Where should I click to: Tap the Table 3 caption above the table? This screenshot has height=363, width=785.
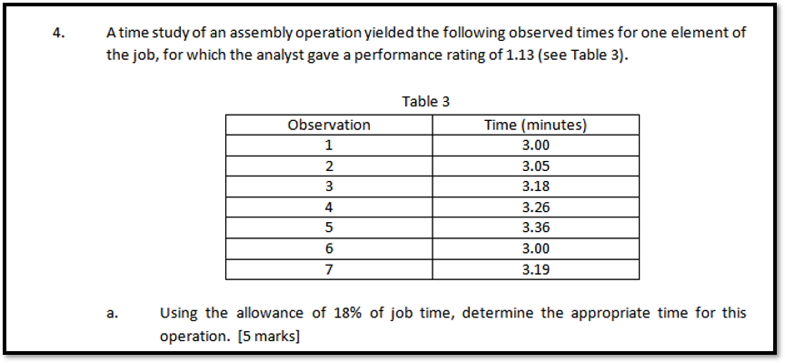click(x=425, y=101)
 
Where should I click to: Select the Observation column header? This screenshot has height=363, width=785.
click(x=328, y=125)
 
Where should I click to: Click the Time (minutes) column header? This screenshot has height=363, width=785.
click(x=535, y=125)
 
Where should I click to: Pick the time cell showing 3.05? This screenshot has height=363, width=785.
click(x=536, y=166)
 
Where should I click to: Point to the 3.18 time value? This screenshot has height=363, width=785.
click(x=536, y=187)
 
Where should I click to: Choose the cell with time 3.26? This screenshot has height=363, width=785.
click(x=536, y=207)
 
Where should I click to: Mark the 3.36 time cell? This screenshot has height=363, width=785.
click(x=536, y=227)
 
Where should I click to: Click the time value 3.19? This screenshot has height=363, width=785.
click(x=536, y=269)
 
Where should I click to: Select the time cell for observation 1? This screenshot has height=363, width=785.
click(x=536, y=146)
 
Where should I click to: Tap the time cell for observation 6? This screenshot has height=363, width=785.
click(x=536, y=248)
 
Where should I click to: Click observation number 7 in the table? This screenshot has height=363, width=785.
click(x=328, y=269)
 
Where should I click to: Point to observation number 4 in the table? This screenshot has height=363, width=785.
click(x=328, y=207)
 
